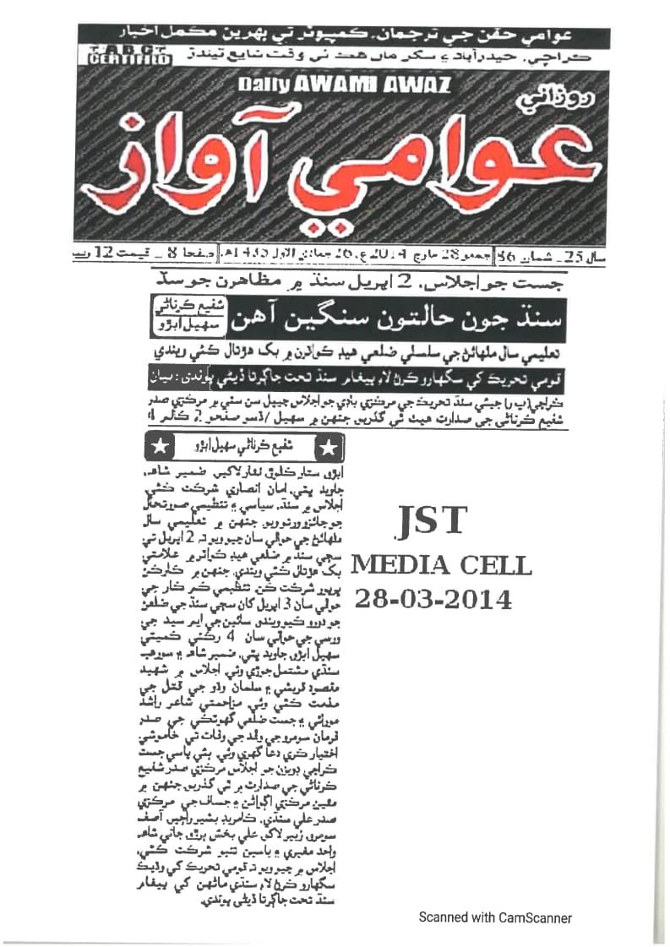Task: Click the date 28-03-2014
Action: pos(433,600)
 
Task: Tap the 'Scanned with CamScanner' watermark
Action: pos(495,917)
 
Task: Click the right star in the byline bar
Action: pos(330,445)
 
